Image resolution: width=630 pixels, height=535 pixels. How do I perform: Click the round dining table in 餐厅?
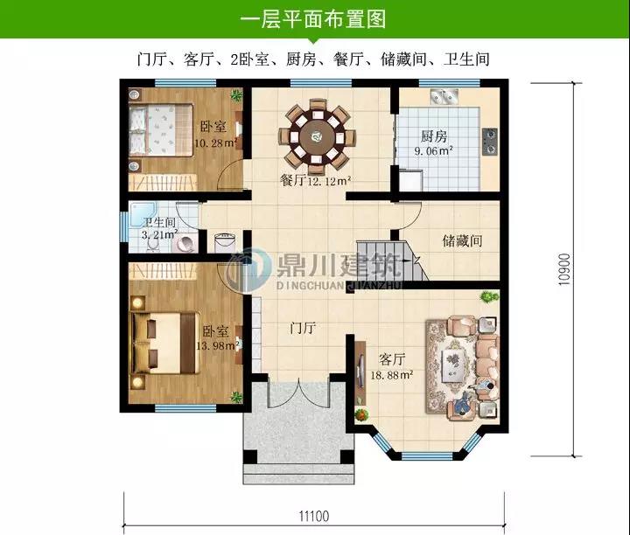[318, 137]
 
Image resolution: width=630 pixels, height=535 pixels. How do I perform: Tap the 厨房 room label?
[434, 136]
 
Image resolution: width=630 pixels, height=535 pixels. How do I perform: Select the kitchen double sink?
[444, 97]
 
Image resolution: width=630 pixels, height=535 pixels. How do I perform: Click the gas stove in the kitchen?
[490, 142]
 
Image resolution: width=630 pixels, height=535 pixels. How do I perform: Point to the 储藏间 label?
[462, 240]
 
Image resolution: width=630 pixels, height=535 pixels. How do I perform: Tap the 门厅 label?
[303, 328]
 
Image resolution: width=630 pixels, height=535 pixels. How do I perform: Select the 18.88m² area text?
[392, 375]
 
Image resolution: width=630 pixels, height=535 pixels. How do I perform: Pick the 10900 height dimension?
[564, 269]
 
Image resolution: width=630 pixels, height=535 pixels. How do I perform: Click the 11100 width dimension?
[314, 516]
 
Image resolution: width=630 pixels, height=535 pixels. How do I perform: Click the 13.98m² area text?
[217, 345]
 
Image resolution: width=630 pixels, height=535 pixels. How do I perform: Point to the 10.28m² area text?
[216, 142]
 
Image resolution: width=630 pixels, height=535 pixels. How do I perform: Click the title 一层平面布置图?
[313, 19]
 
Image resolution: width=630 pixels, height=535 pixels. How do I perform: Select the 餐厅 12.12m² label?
[315, 181]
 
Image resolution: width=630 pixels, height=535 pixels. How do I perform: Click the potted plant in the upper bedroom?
[236, 95]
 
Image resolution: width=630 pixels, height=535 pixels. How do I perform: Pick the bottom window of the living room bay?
[427, 456]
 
